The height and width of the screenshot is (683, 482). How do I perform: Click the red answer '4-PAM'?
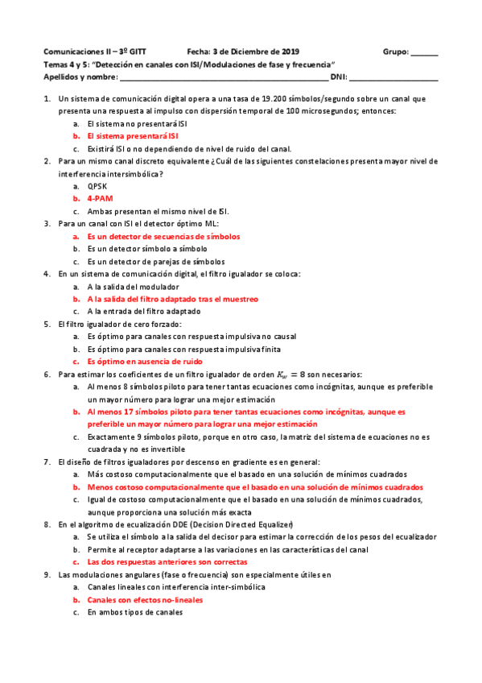coord(100,198)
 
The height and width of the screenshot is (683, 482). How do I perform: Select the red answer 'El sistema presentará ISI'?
coord(133,136)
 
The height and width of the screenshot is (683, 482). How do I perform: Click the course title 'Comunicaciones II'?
coord(76,49)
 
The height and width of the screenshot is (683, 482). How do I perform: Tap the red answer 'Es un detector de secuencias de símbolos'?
coord(163,237)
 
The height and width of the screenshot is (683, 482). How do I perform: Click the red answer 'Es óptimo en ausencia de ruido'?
coord(145,362)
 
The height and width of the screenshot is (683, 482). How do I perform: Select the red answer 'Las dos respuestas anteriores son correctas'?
coord(167,561)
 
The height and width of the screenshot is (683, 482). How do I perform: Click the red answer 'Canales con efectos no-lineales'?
coord(145,600)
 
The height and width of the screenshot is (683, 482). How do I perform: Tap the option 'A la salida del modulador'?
coord(134,287)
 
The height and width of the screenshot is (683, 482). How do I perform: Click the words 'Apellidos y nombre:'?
coord(80,78)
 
